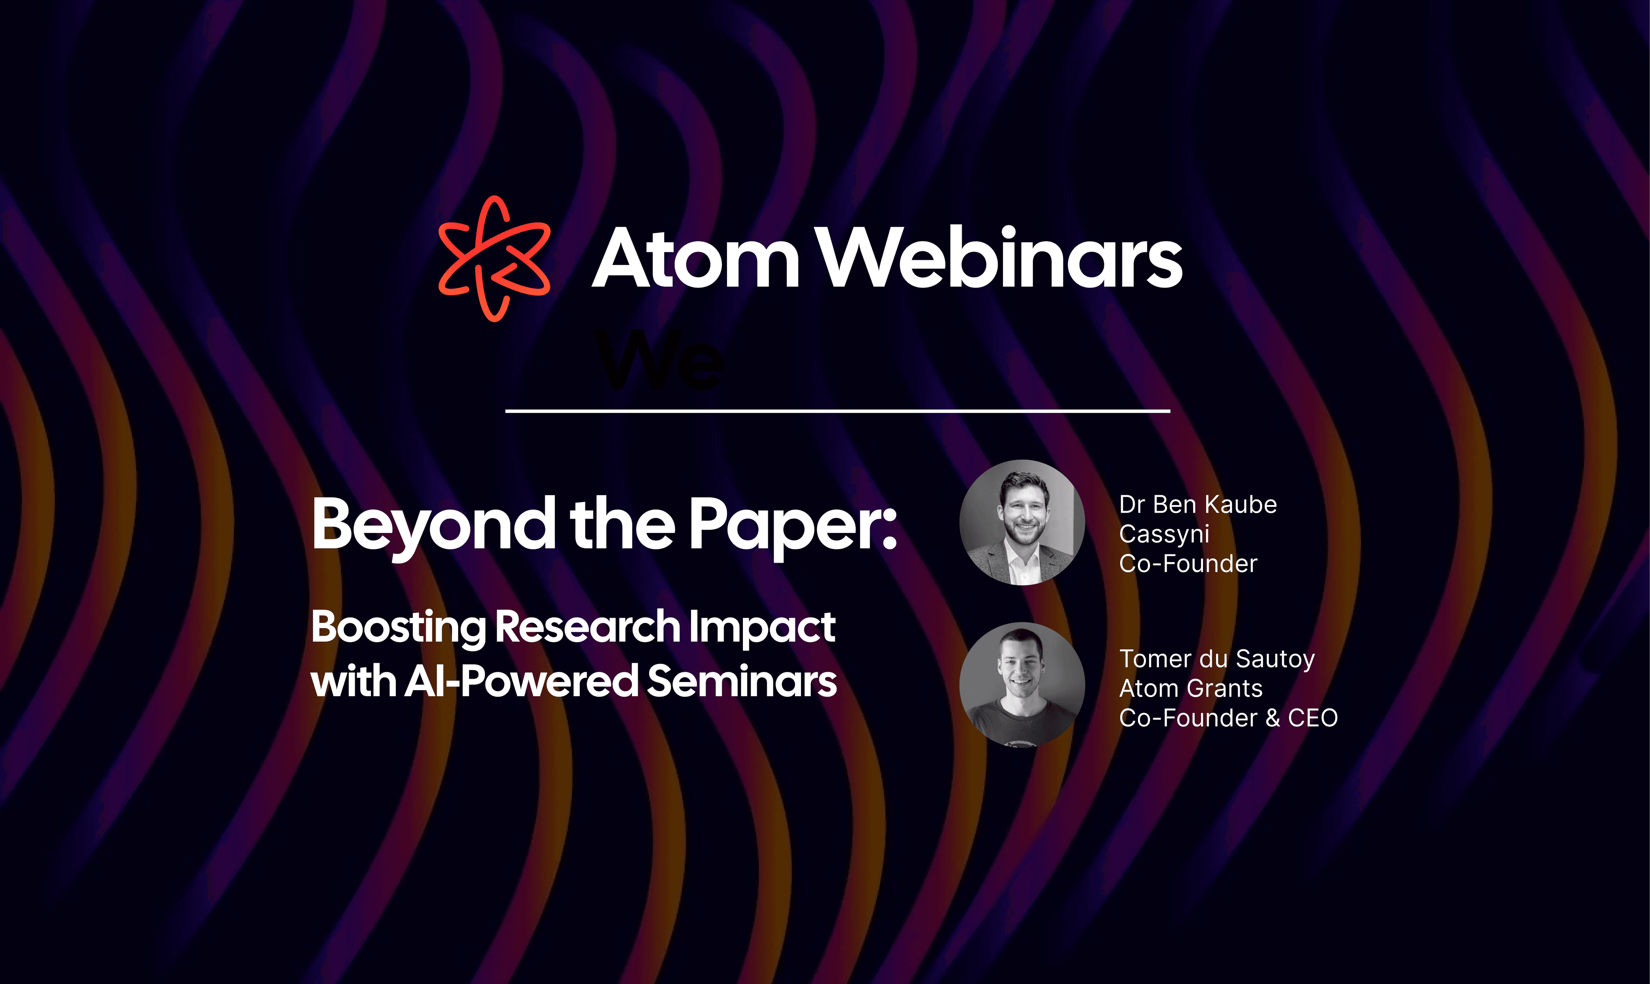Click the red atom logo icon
[x=494, y=259]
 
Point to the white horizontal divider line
[x=837, y=411]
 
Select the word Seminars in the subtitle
[x=742, y=682]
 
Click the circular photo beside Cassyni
[x=1022, y=523]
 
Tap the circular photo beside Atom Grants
[x=1022, y=685]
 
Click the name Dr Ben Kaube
[x=1198, y=505]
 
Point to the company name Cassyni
[x=1164, y=534]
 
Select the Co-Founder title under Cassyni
[x=1188, y=564]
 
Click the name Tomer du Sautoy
[x=1217, y=660]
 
